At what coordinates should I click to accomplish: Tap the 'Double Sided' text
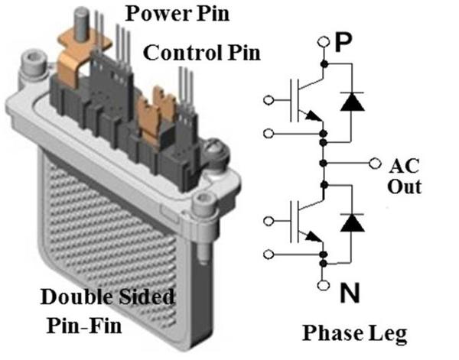coord(107,297)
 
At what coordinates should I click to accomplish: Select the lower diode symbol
coord(351,222)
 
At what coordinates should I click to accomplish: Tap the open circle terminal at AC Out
coord(374,163)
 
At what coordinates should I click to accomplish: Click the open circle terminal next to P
coord(324,44)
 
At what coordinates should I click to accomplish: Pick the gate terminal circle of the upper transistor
coord(266,99)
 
